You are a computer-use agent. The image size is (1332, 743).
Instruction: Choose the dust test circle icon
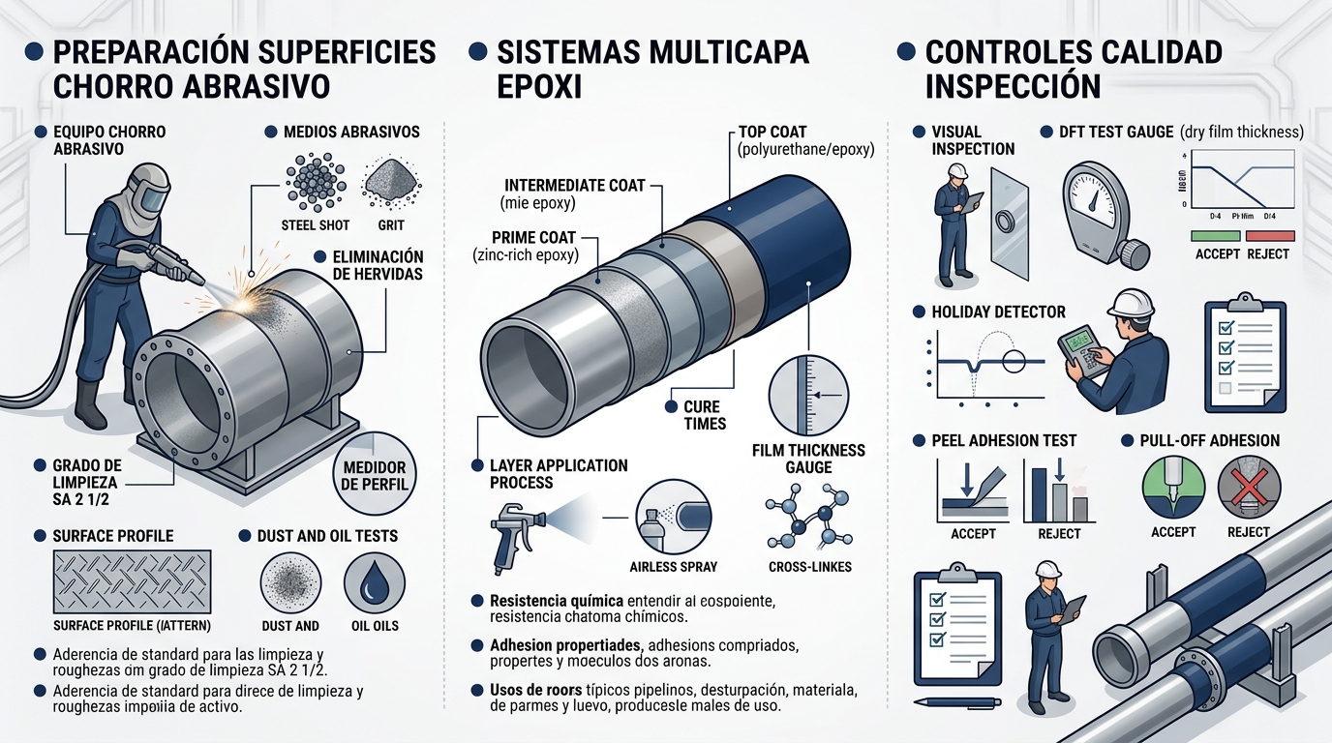(x=291, y=583)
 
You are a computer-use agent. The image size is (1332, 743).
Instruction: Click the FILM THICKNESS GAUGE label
(x=808, y=459)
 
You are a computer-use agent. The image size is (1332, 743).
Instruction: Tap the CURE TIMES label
(x=704, y=415)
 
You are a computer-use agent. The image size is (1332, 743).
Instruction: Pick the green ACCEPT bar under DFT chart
(x=1216, y=235)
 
